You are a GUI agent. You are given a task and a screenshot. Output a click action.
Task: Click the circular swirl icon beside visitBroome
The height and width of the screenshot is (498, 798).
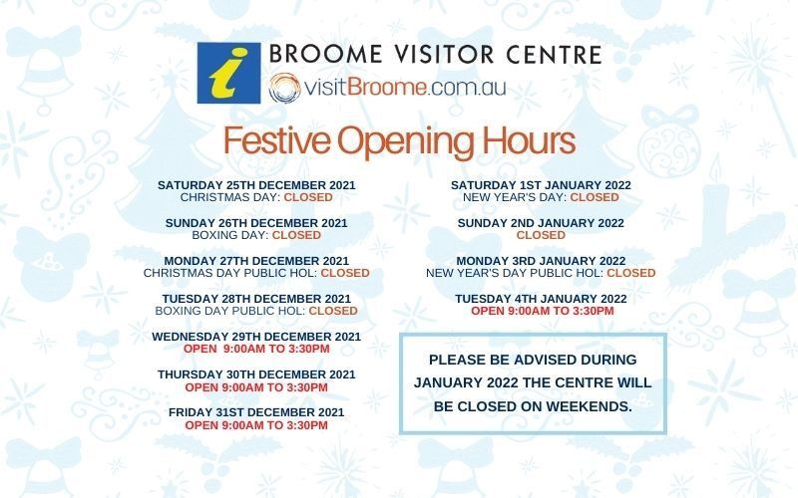[x=283, y=87]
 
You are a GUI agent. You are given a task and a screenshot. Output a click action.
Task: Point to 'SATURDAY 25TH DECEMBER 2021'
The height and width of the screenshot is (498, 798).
[x=256, y=185]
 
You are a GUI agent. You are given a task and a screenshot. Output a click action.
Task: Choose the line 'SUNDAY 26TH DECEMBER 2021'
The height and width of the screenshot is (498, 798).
[x=256, y=223]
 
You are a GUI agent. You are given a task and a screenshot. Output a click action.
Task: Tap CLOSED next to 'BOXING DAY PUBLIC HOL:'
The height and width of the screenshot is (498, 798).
[x=332, y=311]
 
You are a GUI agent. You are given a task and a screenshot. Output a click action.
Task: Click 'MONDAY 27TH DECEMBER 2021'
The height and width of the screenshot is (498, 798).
[x=256, y=261]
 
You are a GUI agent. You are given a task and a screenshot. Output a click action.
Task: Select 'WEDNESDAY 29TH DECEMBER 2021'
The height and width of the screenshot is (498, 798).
[x=256, y=337]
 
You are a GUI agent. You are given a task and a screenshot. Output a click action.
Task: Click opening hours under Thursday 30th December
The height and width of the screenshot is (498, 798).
[x=256, y=387]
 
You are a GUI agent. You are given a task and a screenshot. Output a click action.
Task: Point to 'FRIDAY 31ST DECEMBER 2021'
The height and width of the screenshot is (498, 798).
[x=256, y=412]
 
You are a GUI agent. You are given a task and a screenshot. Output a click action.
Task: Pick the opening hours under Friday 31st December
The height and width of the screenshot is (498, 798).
[x=256, y=425]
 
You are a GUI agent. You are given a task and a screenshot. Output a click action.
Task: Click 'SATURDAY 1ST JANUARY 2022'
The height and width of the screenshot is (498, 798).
[x=541, y=185]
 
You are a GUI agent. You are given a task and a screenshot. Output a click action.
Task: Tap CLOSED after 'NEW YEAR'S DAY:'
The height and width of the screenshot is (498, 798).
[x=595, y=198]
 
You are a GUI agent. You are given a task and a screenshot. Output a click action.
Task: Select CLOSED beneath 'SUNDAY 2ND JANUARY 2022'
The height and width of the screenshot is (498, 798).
[x=541, y=236]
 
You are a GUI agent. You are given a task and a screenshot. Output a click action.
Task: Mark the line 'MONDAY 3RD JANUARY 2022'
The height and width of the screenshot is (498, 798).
[x=541, y=261]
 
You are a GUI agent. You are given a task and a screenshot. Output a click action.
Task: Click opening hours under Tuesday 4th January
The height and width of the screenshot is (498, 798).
[x=541, y=311]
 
